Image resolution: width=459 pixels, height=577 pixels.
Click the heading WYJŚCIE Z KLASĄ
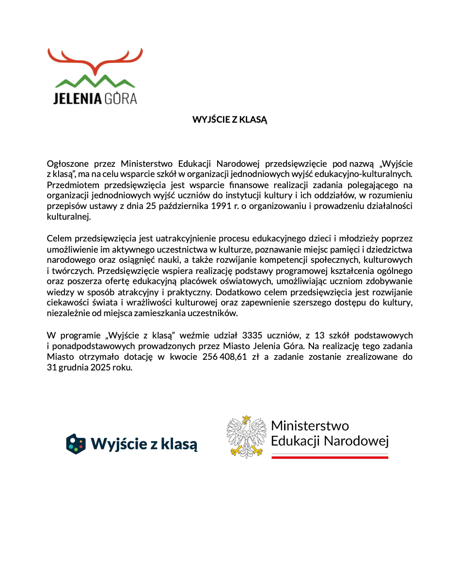click(x=230, y=119)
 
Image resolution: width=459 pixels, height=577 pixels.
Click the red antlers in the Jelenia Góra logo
click(x=95, y=58)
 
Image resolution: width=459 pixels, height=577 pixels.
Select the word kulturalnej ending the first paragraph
click(x=68, y=217)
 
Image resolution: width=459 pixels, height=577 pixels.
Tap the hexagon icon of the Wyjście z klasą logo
click(x=76, y=443)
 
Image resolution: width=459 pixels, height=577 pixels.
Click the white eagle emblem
click(x=246, y=436)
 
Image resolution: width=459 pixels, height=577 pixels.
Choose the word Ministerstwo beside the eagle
click(x=310, y=426)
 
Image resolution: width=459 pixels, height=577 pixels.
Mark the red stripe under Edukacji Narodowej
click(x=330, y=457)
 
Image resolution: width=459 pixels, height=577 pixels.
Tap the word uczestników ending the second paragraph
click(x=213, y=313)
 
